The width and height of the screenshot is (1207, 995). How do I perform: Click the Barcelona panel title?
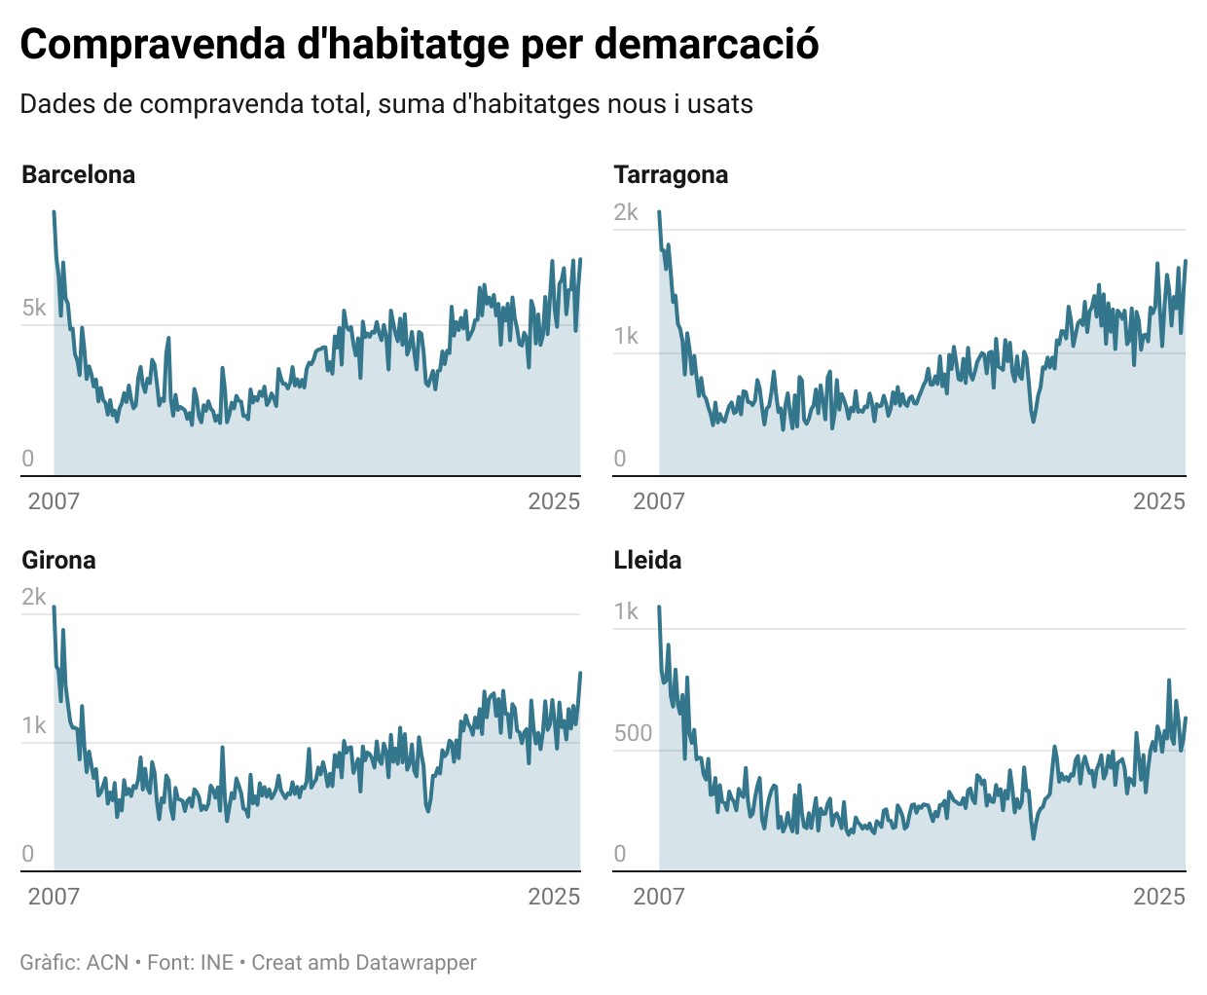(x=78, y=175)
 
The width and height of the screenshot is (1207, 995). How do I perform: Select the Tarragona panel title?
(x=671, y=175)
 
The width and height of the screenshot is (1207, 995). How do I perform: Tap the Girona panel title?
(x=58, y=561)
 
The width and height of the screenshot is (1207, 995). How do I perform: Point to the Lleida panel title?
(x=647, y=561)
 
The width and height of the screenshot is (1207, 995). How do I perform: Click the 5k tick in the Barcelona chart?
(x=34, y=309)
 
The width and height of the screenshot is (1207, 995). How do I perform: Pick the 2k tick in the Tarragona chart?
(x=626, y=213)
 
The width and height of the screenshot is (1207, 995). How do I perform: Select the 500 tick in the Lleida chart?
(x=633, y=734)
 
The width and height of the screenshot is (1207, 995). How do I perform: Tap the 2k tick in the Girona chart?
(x=34, y=598)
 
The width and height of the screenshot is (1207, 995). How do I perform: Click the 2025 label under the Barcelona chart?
(x=554, y=501)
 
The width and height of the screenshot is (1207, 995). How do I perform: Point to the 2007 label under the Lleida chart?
(x=659, y=897)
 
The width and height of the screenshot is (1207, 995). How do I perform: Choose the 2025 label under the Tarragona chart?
(x=1158, y=501)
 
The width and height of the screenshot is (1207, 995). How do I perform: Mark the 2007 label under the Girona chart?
(x=54, y=897)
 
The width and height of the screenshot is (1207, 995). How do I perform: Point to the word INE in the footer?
(x=217, y=963)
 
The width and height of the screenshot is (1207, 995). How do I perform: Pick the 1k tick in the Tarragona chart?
(x=626, y=337)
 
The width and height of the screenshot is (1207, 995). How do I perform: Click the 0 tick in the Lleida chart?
(x=620, y=855)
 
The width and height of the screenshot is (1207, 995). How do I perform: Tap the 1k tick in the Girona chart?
(x=34, y=726)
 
